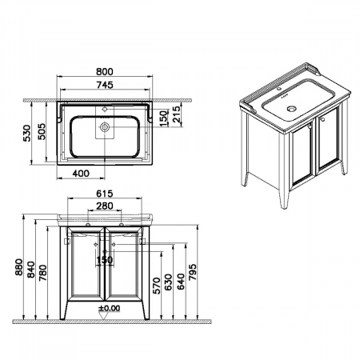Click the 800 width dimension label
105,72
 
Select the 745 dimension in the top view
105,85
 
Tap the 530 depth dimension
27,133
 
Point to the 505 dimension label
42,131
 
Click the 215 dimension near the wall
176,114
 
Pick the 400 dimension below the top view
81,174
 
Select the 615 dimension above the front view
105,194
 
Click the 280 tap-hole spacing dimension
105,206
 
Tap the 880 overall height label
18,267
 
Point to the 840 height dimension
31,270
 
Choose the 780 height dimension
43,273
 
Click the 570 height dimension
157,286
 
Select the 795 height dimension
192,272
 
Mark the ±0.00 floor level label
110,308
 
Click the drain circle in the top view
105,127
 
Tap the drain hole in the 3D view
291,109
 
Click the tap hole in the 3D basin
279,88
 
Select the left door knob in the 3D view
310,126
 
